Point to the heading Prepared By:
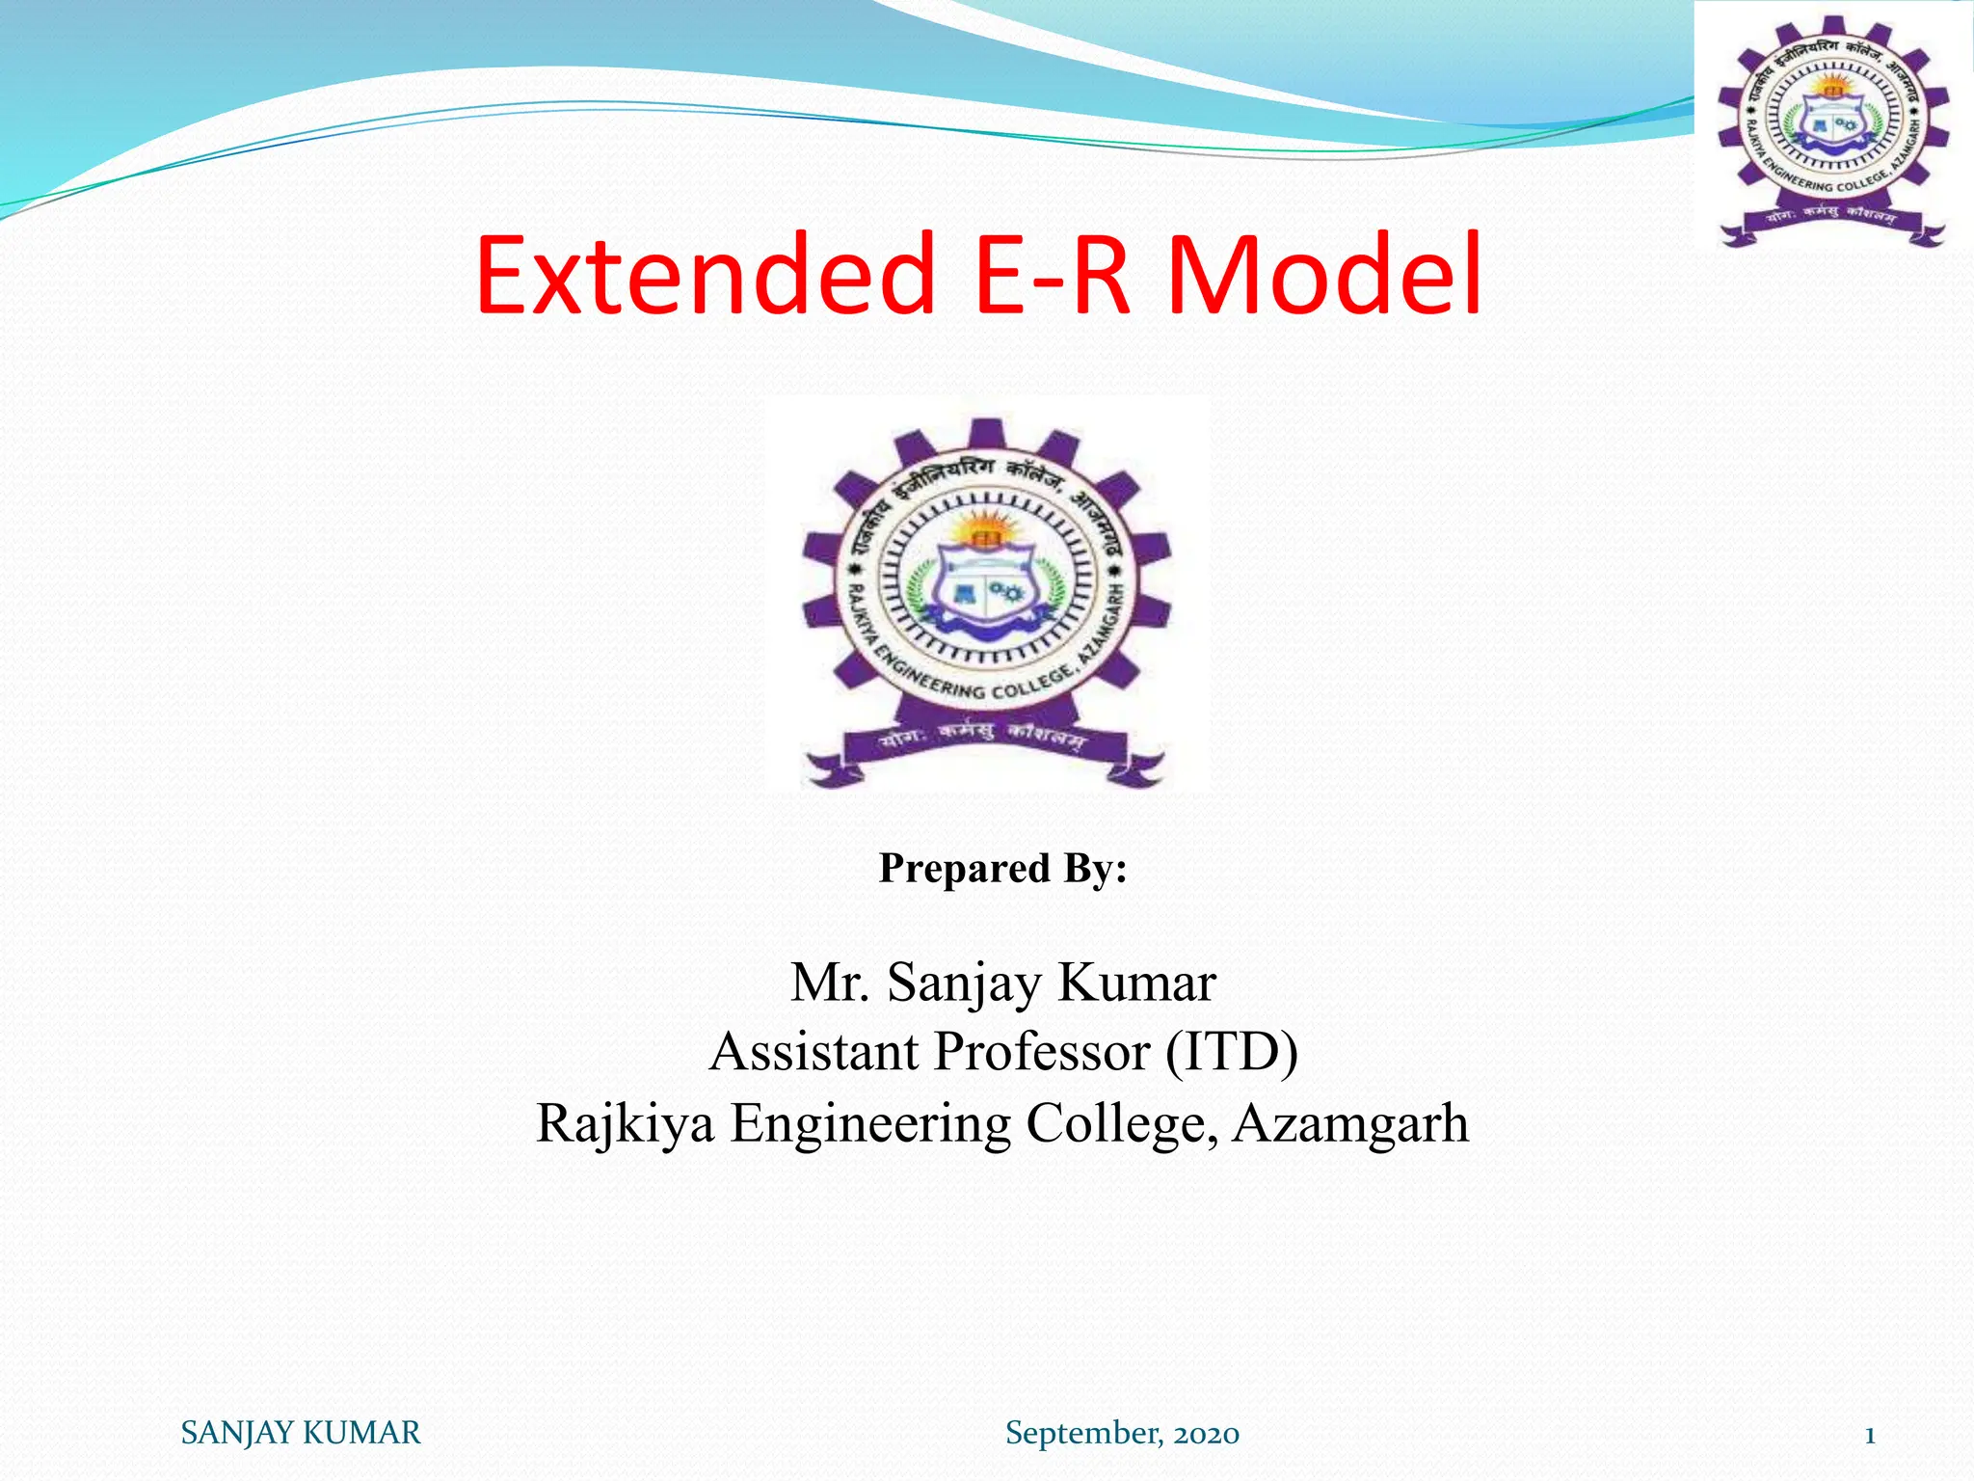(1002, 868)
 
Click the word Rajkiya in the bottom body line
(625, 1124)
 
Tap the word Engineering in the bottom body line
(870, 1124)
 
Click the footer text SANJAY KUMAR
(301, 1433)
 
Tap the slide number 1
(1870, 1435)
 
